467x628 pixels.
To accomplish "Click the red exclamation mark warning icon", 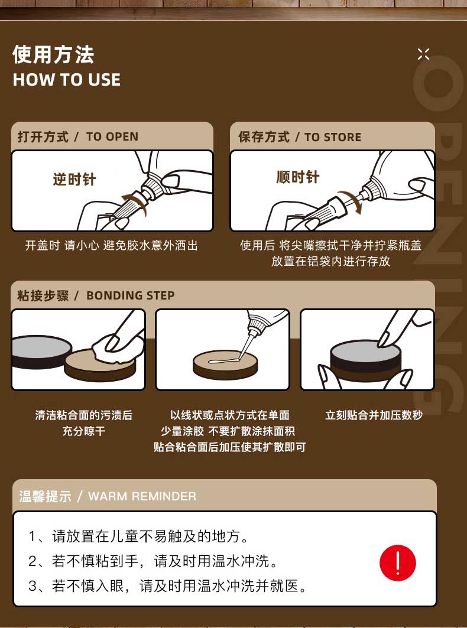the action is (398, 562).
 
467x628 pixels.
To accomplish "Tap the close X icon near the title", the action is (423, 54).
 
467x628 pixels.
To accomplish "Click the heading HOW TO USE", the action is (67, 80).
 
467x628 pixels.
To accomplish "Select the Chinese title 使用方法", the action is (53, 54).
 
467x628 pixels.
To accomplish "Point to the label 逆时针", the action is (74, 179).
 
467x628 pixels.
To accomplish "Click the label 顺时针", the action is (298, 177).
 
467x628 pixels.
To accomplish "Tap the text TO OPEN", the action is (112, 136).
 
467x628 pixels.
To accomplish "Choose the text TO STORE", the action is (333, 137).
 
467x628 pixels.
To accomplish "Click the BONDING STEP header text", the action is (131, 295).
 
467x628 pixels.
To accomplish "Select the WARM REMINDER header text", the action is (142, 496).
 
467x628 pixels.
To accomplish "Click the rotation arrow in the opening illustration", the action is (134, 202).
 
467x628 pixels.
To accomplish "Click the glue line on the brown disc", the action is (223, 361).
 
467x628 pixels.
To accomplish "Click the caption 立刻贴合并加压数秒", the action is (374, 415).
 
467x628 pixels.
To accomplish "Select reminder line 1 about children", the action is (139, 536).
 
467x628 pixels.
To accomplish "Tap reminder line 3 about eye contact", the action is (167, 586).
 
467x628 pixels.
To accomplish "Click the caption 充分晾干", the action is (84, 431).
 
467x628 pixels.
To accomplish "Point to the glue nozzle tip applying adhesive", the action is (241, 357).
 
